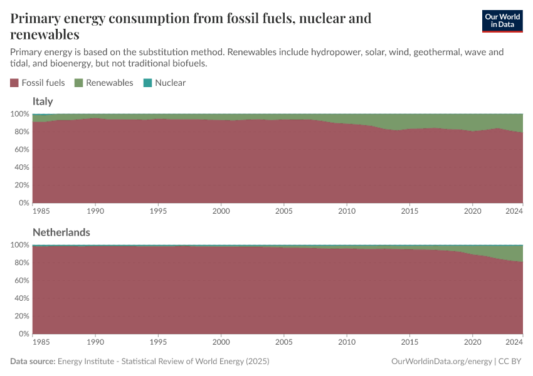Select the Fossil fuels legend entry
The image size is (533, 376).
coord(38,83)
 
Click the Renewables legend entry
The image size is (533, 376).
coord(103,83)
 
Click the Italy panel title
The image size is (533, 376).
coord(43,102)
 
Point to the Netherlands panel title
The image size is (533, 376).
coord(61,232)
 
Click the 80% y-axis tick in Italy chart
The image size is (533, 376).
coord(21,132)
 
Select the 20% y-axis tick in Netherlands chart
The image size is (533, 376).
coord(21,316)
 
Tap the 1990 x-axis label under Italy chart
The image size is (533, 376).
coord(95,211)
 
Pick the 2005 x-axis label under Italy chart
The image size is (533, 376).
coord(284,211)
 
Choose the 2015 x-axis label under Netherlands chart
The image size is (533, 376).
coord(409,342)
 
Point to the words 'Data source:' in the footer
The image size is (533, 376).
coord(33,362)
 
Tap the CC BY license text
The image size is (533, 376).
coord(511,362)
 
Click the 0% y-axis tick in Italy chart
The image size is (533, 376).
coord(23,203)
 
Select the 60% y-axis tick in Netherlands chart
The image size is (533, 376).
coord(21,281)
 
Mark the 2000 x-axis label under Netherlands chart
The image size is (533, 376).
coord(221,342)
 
